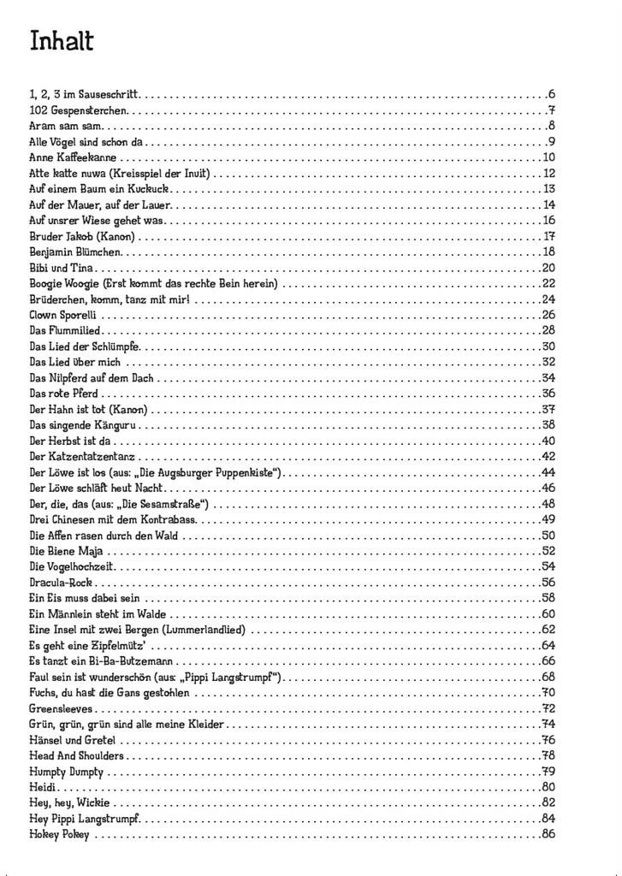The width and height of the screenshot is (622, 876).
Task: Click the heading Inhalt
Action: point(62,41)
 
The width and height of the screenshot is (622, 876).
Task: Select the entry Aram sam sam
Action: point(54,126)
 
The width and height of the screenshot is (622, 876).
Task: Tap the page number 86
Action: point(548,833)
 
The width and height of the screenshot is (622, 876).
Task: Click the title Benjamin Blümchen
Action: point(75,252)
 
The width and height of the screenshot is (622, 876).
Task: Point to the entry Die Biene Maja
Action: point(66,550)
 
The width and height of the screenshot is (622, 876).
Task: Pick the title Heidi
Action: point(43,786)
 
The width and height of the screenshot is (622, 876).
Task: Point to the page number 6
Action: point(552,94)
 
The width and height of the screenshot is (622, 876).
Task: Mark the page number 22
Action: point(548,283)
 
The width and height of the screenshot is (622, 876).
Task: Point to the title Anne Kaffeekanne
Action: point(73,157)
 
